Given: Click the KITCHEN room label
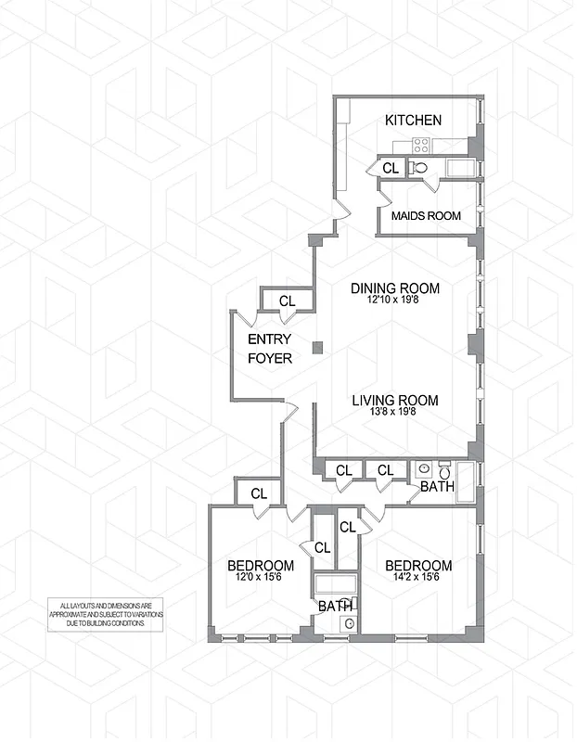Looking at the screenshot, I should [413, 121].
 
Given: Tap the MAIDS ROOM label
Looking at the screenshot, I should [426, 216].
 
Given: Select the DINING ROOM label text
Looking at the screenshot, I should [394, 288].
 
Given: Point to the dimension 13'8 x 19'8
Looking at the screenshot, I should [394, 416].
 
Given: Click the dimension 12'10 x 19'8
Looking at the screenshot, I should [394, 301].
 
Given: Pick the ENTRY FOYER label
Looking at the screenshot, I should [270, 349].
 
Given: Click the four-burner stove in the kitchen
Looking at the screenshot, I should [420, 144].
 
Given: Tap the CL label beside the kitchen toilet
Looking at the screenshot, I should [391, 168].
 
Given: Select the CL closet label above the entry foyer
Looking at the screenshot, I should [287, 301].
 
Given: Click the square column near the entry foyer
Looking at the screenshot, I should [317, 348].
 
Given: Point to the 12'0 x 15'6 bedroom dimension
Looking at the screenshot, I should [261, 579].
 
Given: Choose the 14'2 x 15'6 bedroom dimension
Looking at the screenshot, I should [418, 579].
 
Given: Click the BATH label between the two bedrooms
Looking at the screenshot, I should [334, 606].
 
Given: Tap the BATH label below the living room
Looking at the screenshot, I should [436, 486].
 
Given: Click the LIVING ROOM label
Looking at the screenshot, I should [394, 401].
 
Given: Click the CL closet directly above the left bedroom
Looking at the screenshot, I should [259, 493].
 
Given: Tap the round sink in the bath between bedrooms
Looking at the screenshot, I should [349, 624].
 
